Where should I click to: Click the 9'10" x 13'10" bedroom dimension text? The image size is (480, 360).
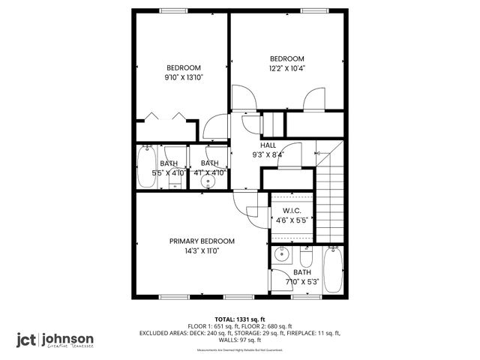click(184, 77)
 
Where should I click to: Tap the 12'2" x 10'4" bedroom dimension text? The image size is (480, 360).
click(286, 69)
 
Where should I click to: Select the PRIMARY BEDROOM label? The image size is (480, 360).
click(202, 241)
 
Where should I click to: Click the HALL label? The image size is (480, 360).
click(268, 145)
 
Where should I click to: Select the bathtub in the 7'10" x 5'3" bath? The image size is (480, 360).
click(334, 272)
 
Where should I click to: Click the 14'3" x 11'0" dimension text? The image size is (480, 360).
click(202, 251)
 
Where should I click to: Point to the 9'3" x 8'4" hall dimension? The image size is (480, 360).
click(268, 154)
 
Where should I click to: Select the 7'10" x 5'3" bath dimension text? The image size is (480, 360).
click(302, 282)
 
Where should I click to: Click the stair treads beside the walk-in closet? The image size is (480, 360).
click(330, 202)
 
